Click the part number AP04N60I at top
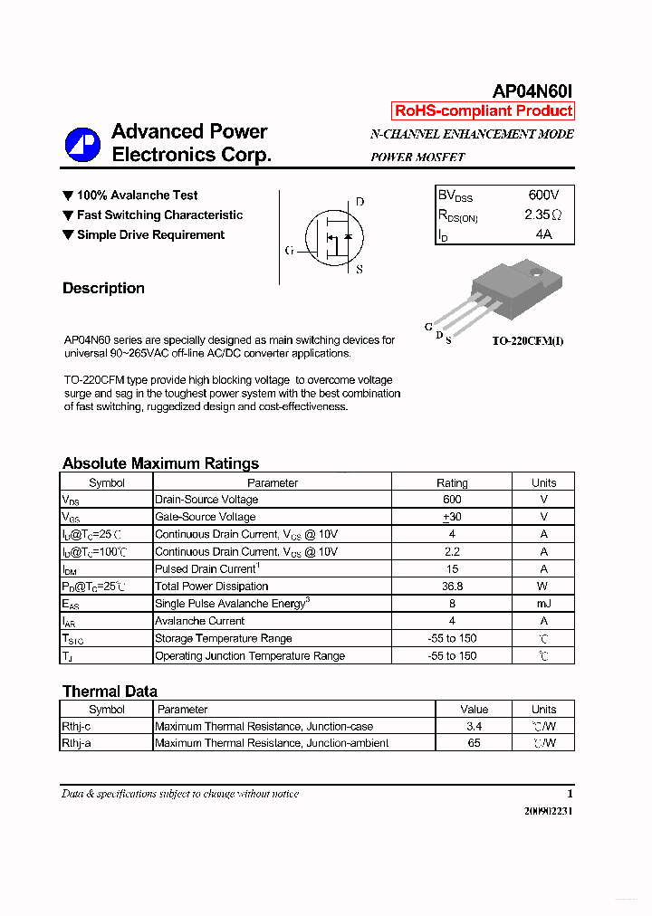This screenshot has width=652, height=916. tap(532, 91)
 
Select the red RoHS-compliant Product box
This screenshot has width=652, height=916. tap(484, 110)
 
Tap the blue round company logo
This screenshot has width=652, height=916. tap(82, 145)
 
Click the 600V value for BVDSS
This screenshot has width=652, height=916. tap(543, 196)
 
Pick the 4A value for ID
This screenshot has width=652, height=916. tap(543, 234)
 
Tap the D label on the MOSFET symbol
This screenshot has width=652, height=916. tap(360, 202)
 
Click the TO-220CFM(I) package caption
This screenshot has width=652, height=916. tap(527, 341)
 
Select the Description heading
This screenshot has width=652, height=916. tap(103, 289)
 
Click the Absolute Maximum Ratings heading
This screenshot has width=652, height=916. tap(160, 463)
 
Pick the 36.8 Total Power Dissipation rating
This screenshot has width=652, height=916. tap(452, 587)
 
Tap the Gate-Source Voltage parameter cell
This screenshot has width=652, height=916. tap(206, 517)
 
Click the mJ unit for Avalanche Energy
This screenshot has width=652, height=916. tap(543, 604)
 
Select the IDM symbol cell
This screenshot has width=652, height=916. tap(71, 569)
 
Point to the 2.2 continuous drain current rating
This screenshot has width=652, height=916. tap(452, 552)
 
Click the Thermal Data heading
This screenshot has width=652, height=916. tap(110, 692)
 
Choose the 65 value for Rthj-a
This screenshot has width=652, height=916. tap(474, 743)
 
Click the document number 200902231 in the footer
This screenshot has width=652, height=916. tap(548, 811)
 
